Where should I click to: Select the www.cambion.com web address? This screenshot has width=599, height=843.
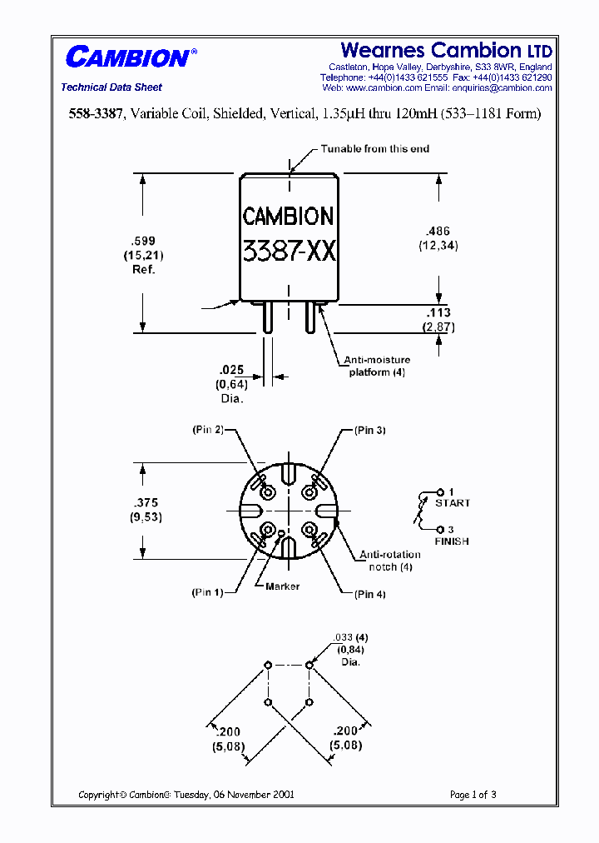pos(375,87)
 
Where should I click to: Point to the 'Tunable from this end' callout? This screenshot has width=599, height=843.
pos(375,149)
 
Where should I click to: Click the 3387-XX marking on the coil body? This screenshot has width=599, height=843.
pos(289,251)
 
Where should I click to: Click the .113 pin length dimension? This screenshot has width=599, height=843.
pos(438,314)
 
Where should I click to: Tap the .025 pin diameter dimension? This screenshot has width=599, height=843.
pos(231,369)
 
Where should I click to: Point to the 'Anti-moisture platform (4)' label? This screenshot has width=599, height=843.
pos(376,367)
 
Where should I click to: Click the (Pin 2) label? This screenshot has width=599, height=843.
pos(207,430)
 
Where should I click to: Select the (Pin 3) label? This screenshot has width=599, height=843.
pos(369,430)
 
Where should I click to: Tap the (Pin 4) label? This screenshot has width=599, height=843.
pos(369,594)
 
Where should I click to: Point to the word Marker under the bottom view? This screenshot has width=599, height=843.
pos(282,586)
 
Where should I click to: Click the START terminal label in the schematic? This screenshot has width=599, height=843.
pos(452,503)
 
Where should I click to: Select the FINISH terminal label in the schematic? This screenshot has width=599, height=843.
pos(452,541)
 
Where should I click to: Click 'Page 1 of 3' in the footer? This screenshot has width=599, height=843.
pos(473,795)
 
